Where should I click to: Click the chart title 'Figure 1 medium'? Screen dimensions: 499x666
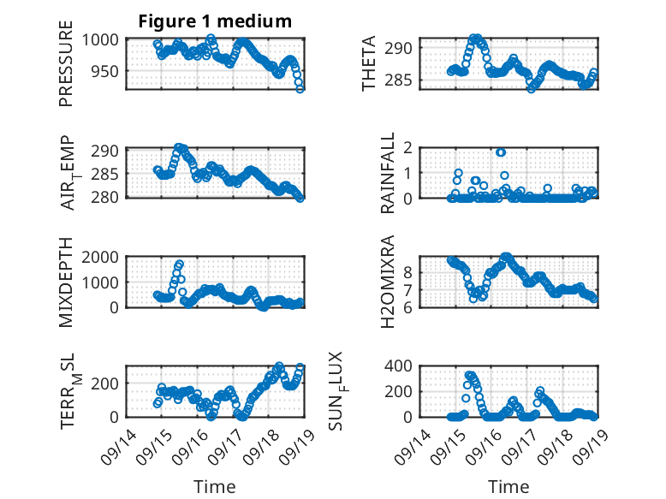(215, 21)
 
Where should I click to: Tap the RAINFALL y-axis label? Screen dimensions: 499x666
(388, 173)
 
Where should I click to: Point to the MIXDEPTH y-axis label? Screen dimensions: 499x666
(66, 282)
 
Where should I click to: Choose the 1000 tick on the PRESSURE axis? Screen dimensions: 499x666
(104, 40)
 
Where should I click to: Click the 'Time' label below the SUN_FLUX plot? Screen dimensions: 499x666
(508, 487)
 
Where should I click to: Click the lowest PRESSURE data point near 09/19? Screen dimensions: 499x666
(300, 88)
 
